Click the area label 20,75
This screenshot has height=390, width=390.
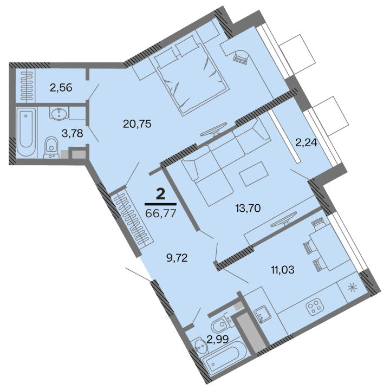coord(136,123)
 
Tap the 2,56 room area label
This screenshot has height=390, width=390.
coord(61,87)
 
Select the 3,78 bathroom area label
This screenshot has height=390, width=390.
coord(72,133)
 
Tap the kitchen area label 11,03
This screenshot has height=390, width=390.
coord(282,269)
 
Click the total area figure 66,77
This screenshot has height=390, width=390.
coord(161,212)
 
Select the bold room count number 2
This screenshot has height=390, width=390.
coord(160,194)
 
